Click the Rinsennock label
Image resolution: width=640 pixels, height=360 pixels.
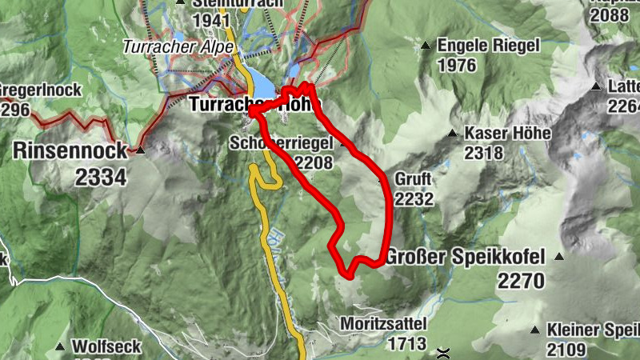click(x=70, y=150)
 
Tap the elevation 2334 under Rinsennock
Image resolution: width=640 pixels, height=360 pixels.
click(x=101, y=177)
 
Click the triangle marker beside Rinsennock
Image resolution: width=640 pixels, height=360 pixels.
click(x=141, y=150)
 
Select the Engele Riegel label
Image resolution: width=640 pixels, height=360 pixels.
click(x=490, y=46)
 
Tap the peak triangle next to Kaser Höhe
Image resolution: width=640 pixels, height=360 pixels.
click(x=453, y=133)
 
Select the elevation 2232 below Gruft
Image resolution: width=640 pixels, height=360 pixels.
click(x=414, y=198)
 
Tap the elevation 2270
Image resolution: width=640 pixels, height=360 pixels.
click(x=520, y=281)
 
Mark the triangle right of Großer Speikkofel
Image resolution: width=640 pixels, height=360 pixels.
click(x=558, y=257)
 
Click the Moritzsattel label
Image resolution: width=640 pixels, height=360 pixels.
click(x=383, y=324)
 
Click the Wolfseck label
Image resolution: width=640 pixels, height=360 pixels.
click(x=106, y=347)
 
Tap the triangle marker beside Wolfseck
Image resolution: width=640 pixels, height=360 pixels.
click(x=60, y=347)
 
